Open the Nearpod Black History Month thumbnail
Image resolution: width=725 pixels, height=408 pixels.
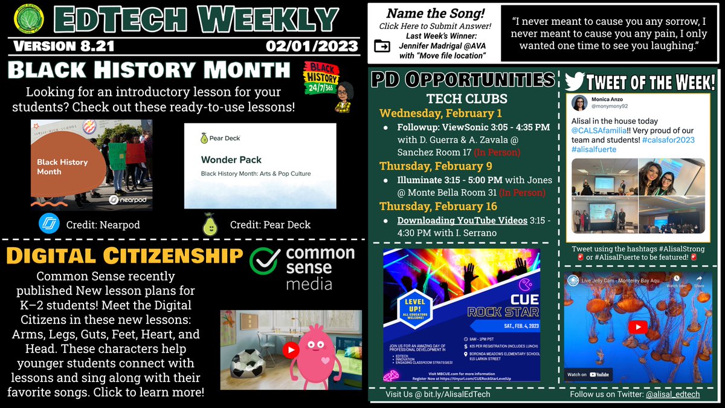(92, 163)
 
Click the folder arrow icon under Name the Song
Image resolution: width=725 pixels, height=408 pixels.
(382, 46)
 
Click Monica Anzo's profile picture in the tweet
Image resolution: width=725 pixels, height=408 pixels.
(579, 103)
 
